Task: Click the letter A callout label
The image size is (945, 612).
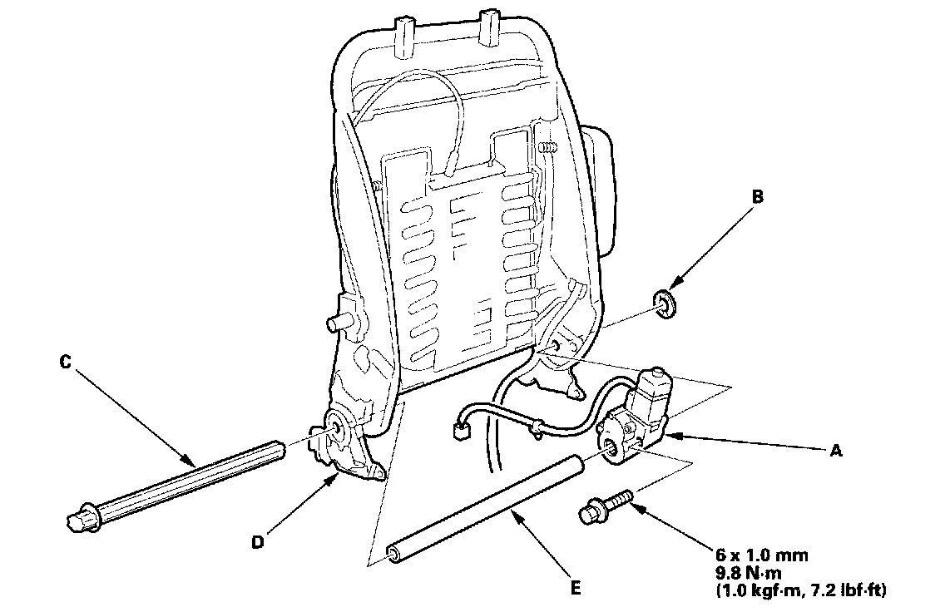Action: (x=836, y=451)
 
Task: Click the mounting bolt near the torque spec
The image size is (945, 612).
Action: (x=604, y=506)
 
